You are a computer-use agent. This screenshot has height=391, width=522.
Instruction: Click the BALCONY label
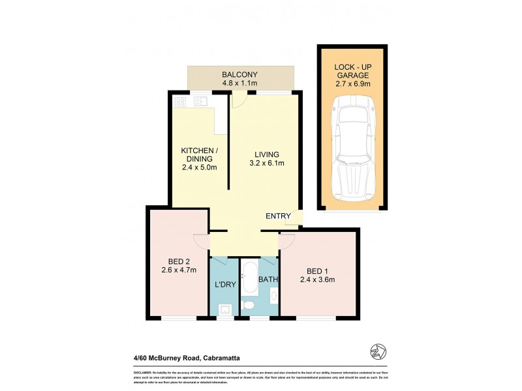click(x=240, y=74)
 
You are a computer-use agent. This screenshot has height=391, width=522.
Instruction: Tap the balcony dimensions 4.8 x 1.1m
click(x=240, y=84)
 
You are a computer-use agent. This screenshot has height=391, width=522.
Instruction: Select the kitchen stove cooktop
click(x=181, y=101)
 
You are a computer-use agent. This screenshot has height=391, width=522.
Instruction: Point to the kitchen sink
click(x=199, y=101)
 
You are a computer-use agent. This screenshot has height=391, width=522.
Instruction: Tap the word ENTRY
click(x=278, y=216)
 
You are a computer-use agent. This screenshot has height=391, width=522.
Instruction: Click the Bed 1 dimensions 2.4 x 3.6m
click(x=318, y=282)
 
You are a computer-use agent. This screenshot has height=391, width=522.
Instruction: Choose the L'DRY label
click(x=224, y=283)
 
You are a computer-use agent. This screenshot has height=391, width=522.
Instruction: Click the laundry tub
click(x=224, y=309)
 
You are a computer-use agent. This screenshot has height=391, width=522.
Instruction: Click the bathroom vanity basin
click(x=273, y=298)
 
